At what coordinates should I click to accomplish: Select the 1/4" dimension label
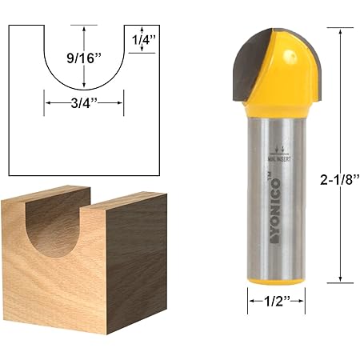pyautogui.click(x=142, y=38)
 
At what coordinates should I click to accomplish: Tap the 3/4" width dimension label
pyautogui.click(x=84, y=102)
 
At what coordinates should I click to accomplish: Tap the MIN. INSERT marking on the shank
pyautogui.click(x=276, y=159)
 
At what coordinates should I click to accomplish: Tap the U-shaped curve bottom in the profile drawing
pyautogui.click(x=84, y=88)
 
